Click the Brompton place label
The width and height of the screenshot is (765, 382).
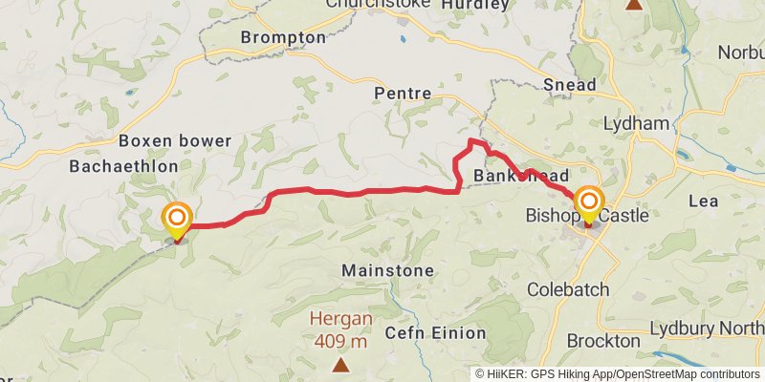tap(283, 37)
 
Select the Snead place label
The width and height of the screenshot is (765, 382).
tap(569, 84)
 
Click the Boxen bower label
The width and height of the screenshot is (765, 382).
tap(175, 141)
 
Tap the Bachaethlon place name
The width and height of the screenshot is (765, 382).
tap(123, 166)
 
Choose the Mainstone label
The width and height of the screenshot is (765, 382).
tap(387, 270)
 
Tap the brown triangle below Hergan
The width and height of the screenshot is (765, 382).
tap(339, 365)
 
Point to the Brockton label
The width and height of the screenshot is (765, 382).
tap(602, 341)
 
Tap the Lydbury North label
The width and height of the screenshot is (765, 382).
tap(707, 329)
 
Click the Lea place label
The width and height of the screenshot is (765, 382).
tap(702, 202)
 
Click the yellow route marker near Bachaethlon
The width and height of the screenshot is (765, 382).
tap(177, 220)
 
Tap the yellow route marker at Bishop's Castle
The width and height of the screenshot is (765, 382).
tap(588, 202)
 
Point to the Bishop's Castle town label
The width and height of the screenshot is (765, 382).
tap(586, 217)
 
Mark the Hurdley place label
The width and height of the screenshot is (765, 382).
tap(475, 5)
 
